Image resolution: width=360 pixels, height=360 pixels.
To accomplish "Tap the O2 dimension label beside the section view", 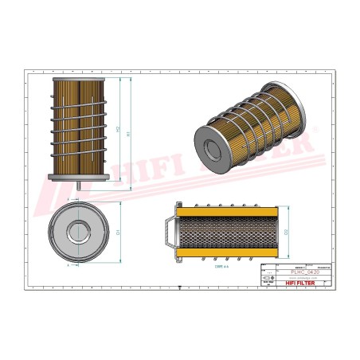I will (x=284, y=232).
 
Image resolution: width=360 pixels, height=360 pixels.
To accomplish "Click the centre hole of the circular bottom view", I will (x=80, y=232).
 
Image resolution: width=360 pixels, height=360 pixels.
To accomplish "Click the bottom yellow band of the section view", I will (x=225, y=254).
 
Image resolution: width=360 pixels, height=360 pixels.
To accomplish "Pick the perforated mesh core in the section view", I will (x=225, y=232).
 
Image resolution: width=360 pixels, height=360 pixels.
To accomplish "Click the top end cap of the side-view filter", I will (x=80, y=80).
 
